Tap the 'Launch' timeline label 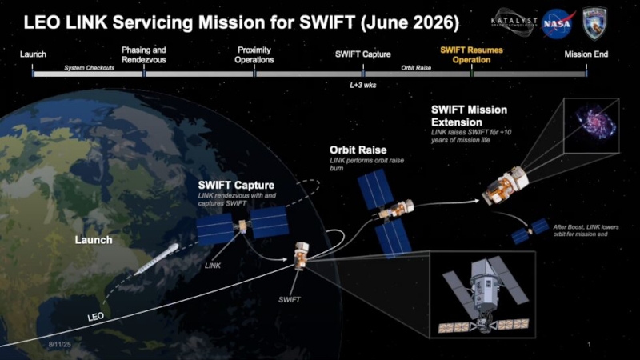(x=33, y=54)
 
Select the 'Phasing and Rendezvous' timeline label (x=144, y=54)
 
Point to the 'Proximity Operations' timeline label (x=255, y=54)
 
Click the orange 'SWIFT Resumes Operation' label (x=466, y=54)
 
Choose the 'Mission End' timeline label (x=588, y=54)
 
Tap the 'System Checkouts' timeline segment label (x=89, y=68)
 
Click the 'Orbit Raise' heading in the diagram (x=358, y=150)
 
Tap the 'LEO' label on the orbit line (x=95, y=318)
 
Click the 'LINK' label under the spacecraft (x=212, y=265)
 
